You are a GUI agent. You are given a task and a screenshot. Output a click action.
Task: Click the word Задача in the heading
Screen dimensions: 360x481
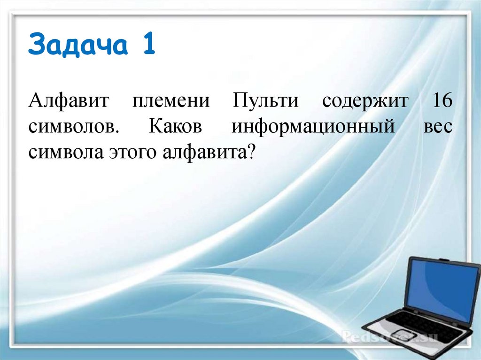[75, 46]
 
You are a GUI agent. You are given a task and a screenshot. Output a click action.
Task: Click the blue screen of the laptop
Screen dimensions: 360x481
[442, 288]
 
